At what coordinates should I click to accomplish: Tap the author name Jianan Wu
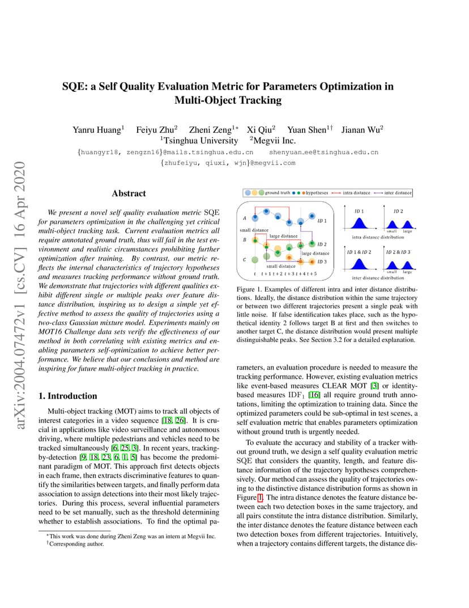pos(361,129)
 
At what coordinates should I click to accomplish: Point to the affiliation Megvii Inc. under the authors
pos(274,141)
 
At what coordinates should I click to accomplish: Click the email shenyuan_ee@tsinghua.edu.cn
pos(323,152)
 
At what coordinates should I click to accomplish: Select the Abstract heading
pos(129,193)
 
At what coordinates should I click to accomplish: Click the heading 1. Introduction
pos(67,396)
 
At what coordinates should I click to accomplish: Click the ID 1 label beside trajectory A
pos(322,221)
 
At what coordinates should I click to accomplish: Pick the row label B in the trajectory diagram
pos(244,239)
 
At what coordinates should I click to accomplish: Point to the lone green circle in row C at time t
pos(255,260)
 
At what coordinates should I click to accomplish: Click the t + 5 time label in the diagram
pos(312,273)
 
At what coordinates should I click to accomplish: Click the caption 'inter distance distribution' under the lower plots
pos(378,278)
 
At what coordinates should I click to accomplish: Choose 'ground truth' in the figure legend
pos(278,193)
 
